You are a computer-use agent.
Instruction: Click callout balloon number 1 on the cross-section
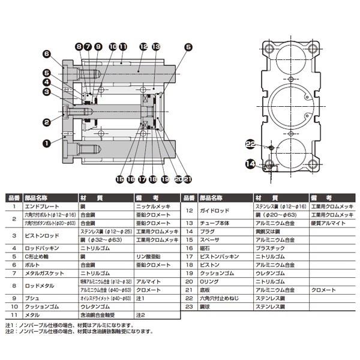[46, 143]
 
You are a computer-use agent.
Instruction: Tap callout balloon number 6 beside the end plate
[46, 53]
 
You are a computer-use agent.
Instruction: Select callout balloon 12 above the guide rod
[143, 46]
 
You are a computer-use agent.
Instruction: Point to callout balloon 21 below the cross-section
[188, 178]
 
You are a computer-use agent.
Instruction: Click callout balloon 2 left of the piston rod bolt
[46, 122]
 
